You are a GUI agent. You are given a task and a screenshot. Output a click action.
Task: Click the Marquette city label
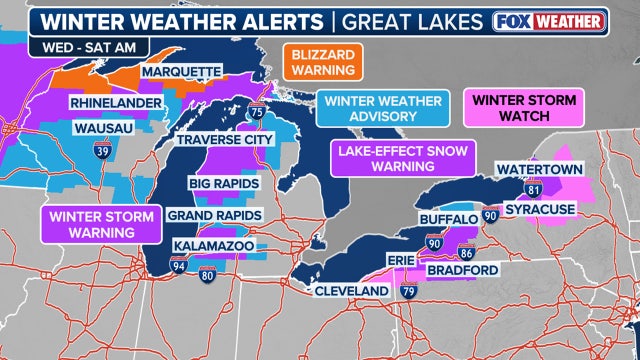pos(181,72)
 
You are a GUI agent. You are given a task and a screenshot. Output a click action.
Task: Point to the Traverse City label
pos(224,139)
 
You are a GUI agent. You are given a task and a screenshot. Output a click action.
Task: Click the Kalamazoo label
pos(213,245)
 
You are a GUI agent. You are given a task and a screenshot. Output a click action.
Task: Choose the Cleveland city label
pos(350,290)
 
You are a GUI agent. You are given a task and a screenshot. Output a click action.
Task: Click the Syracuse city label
pos(540,209)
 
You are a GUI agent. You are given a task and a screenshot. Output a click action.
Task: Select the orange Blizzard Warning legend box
pos(322,61)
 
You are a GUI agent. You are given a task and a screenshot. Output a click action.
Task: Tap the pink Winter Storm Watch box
pos(517,110)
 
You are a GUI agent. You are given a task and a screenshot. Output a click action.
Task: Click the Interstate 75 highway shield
pos(257,114)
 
